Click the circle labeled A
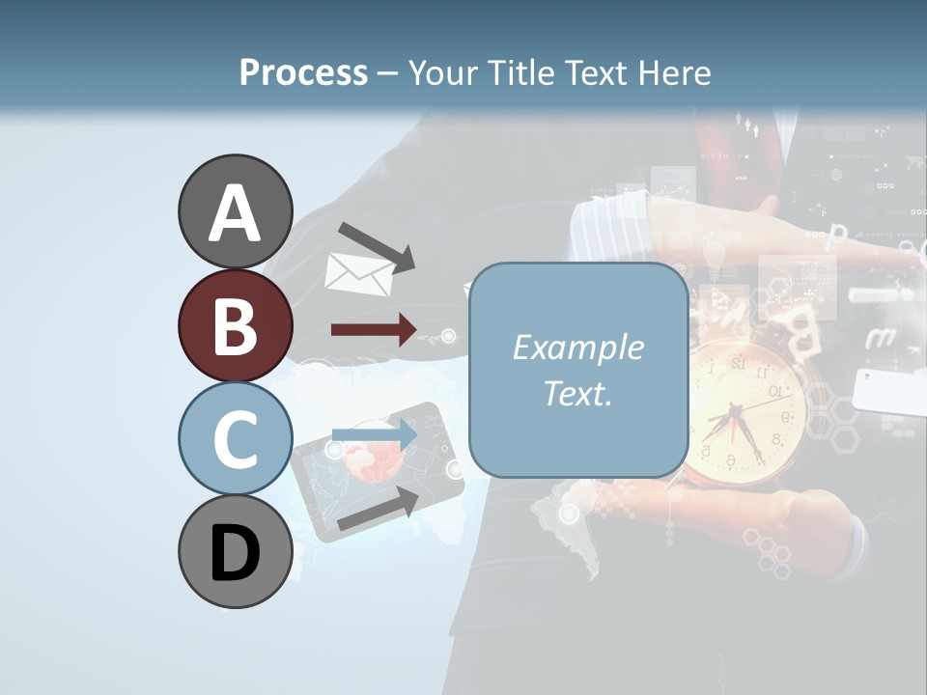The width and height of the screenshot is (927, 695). pos(236,211)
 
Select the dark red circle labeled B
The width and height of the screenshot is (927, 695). pos(236,325)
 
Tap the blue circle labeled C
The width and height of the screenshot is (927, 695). pos(236,438)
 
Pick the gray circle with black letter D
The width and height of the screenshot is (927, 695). pos(236,552)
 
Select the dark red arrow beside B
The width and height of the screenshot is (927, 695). pos(374,330)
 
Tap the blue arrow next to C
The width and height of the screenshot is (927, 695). pos(374,435)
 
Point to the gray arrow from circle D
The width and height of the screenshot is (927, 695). pos(378,509)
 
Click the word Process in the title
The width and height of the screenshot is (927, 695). pos(303,72)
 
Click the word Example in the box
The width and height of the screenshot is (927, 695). pos(577,347)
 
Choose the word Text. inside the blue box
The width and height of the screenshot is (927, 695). pos(577,393)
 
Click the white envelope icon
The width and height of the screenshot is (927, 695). pos(359,274)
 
